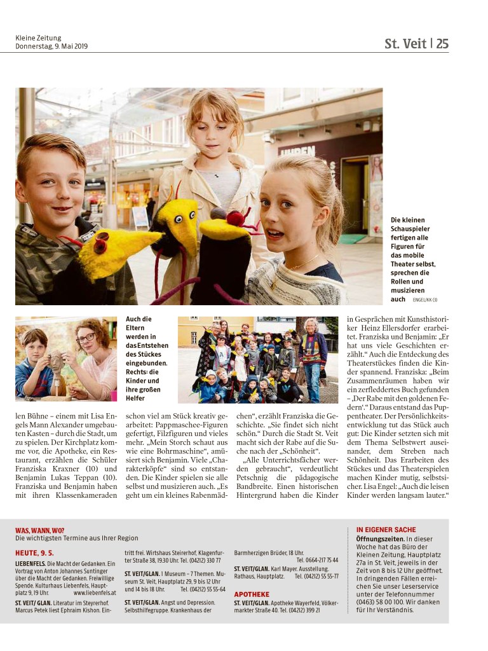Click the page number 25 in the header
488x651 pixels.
pos(442,44)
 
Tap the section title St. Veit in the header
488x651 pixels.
pos(405,44)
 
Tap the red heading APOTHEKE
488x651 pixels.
pos(252,594)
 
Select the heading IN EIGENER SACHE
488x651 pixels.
pos(386,530)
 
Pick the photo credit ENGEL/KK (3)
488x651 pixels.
pos(426,299)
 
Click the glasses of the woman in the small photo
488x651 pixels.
pos(86,338)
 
